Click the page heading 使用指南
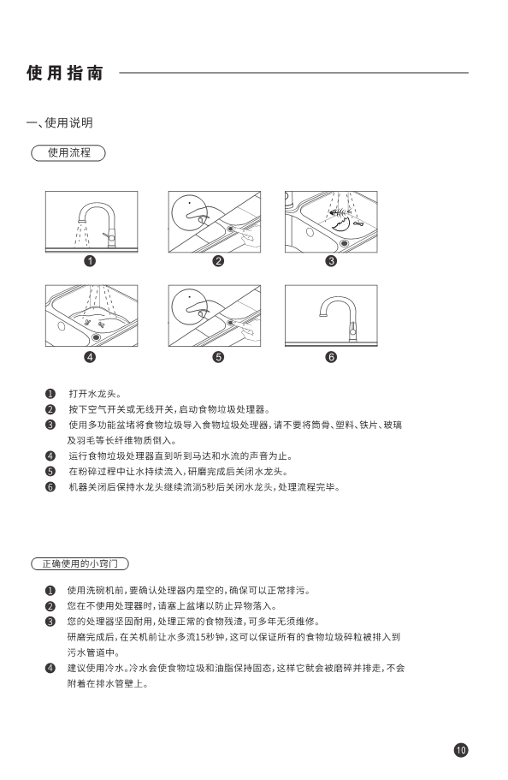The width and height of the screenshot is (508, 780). (65, 73)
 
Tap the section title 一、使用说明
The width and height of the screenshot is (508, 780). (60, 123)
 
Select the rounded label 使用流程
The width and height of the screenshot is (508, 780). (68, 152)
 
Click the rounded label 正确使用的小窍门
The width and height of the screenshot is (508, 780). (80, 563)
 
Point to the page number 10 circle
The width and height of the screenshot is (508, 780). (461, 750)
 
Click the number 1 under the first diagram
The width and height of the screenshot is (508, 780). (90, 260)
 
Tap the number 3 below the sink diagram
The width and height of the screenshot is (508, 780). (331, 260)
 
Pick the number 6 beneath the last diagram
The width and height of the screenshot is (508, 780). (331, 357)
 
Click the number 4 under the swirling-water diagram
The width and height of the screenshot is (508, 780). (90, 357)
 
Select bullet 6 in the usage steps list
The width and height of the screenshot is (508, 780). (50, 487)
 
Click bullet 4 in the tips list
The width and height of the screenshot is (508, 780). (50, 668)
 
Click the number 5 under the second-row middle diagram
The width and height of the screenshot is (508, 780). (218, 357)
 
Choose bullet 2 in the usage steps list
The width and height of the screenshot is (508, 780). (50, 409)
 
